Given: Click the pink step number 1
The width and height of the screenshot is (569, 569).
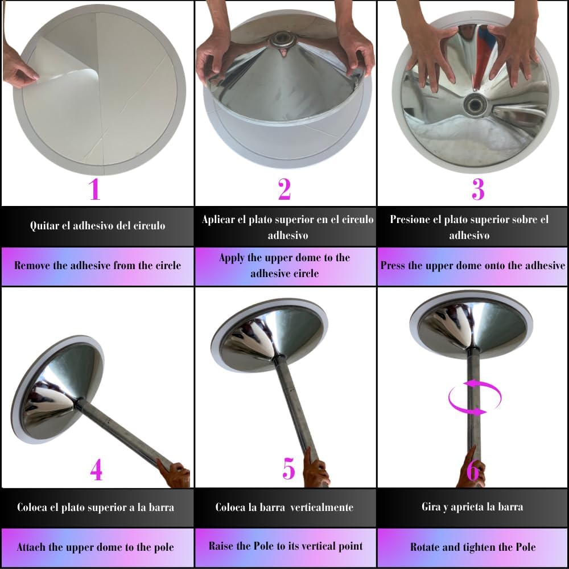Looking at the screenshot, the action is coord(94,189).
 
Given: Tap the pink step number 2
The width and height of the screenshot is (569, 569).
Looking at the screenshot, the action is coord(284,189).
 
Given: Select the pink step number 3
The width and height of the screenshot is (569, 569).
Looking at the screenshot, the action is coord(478,189).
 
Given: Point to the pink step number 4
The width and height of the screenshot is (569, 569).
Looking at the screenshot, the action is coord(96,471).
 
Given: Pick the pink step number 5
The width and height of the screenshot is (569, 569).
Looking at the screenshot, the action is coord(289,468).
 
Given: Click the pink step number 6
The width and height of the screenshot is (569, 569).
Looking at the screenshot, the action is coord(473,471).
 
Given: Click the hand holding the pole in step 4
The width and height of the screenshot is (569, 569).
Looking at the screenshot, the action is coord(175,473).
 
